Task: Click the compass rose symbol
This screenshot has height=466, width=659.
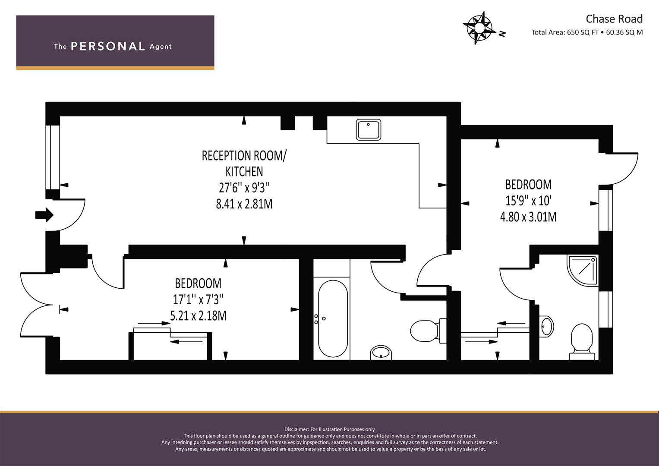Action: click(479, 28)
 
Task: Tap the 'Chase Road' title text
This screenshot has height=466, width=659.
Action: click(614, 19)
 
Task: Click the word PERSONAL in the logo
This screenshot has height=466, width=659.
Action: click(108, 46)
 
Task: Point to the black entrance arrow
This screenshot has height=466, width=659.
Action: click(44, 215)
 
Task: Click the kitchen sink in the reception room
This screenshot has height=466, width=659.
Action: click(368, 129)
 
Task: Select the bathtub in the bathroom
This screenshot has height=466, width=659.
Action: click(333, 318)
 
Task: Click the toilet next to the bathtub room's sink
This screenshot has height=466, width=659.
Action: click(428, 331)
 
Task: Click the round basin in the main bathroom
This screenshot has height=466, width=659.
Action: click(381, 353)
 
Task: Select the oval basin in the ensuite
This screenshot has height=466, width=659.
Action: click(546, 326)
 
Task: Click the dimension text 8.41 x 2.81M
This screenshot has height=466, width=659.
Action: click(244, 204)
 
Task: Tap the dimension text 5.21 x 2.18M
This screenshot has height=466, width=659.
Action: click(198, 316)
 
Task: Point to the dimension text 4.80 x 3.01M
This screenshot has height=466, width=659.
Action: click(528, 217)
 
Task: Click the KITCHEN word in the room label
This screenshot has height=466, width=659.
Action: click(244, 172)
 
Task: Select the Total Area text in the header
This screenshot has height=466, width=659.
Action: click(587, 32)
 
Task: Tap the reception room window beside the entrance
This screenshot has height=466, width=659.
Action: click(53, 157)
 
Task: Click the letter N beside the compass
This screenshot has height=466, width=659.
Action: click(502, 34)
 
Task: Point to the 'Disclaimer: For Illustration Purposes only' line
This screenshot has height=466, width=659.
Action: click(330, 429)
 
